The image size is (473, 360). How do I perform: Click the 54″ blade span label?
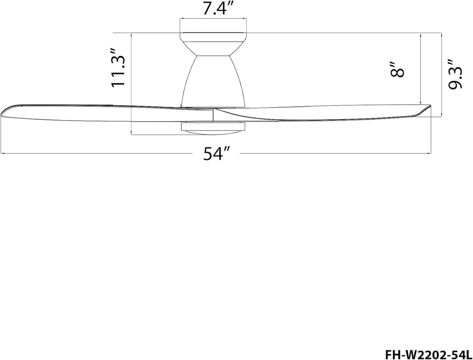[x=216, y=154]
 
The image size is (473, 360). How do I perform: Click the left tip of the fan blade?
[x=4, y=111]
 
